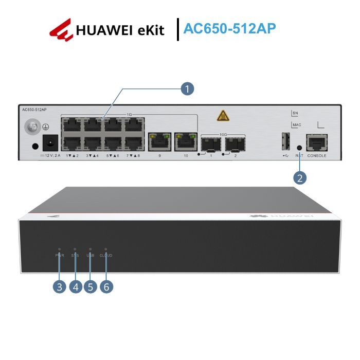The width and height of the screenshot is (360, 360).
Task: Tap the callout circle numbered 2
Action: [x=300, y=177]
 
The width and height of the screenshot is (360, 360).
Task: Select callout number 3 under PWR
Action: [x=60, y=287]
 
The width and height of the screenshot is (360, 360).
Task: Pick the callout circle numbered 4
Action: [x=75, y=287]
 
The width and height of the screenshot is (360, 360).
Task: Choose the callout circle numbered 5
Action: [x=91, y=287]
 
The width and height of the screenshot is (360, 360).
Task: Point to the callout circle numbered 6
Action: [x=106, y=287]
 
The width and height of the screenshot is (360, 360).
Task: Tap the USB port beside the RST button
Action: [x=285, y=141]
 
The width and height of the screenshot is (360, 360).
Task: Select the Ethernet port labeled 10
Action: [x=184, y=141]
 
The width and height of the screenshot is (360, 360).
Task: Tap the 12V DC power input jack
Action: [x=51, y=143]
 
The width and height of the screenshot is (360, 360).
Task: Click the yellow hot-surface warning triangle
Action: [x=223, y=116]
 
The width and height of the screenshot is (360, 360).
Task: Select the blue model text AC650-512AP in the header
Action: [x=229, y=28]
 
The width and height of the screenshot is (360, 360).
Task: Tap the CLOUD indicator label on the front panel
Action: [x=105, y=255]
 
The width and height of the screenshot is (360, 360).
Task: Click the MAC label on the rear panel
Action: [x=296, y=125]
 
